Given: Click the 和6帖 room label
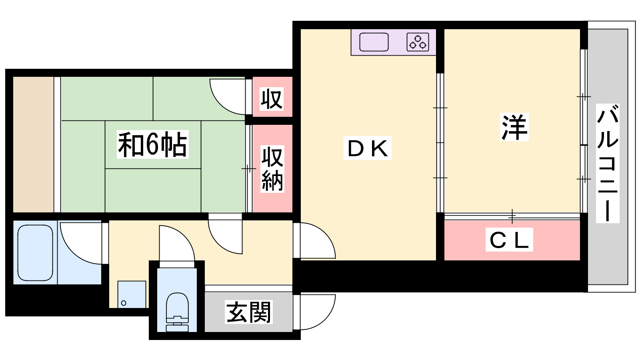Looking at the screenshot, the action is (x=152, y=144).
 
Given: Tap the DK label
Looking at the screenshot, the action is (x=368, y=148).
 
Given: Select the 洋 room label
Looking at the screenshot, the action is (x=514, y=127).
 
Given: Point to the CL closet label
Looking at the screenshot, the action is (x=509, y=240).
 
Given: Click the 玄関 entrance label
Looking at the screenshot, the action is (x=248, y=312).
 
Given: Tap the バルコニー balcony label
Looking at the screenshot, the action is (x=608, y=164).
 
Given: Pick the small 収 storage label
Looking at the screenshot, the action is (x=272, y=99).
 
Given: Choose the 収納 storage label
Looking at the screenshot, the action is (x=272, y=169).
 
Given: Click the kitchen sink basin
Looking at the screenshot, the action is (x=374, y=42).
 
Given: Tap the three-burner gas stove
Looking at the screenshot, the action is (x=418, y=42).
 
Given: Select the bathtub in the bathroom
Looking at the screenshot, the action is (x=35, y=253).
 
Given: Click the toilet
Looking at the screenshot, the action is (x=177, y=312).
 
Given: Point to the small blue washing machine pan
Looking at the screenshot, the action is (x=132, y=294).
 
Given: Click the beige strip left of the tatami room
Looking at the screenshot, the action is (x=34, y=144).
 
